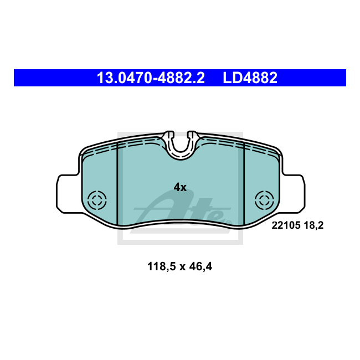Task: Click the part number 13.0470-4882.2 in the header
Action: coord(151,78)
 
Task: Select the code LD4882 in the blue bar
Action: coord(250,78)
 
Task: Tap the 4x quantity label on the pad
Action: coord(180,187)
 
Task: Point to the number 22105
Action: coord(284,225)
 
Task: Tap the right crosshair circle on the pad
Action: coord(264,200)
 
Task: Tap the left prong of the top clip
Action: coord(169,135)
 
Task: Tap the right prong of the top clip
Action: coord(193,135)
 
